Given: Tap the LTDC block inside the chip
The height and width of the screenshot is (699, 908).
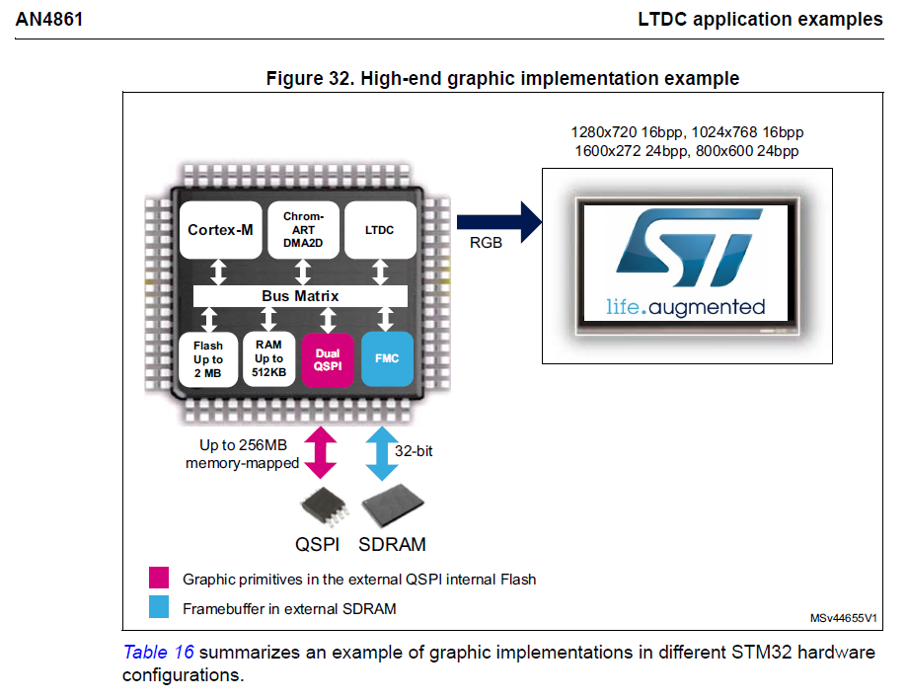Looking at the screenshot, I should click(x=378, y=230).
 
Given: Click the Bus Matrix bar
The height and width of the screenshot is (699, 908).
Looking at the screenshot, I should click(x=300, y=295).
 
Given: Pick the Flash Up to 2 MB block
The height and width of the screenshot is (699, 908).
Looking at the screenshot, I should click(x=208, y=360).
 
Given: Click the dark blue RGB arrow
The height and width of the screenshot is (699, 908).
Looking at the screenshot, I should click(x=499, y=218).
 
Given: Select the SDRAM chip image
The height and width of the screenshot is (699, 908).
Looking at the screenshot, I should click(x=392, y=506).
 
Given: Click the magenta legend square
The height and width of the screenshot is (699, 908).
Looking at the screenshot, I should click(x=158, y=579).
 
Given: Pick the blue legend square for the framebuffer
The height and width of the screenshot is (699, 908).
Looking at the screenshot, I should click(x=158, y=608).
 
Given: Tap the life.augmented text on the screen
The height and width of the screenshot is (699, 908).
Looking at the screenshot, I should click(x=685, y=306).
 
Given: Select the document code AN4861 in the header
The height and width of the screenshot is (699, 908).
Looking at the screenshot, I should click(x=48, y=19).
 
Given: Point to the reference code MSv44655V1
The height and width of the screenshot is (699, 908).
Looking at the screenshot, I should click(x=843, y=618).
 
